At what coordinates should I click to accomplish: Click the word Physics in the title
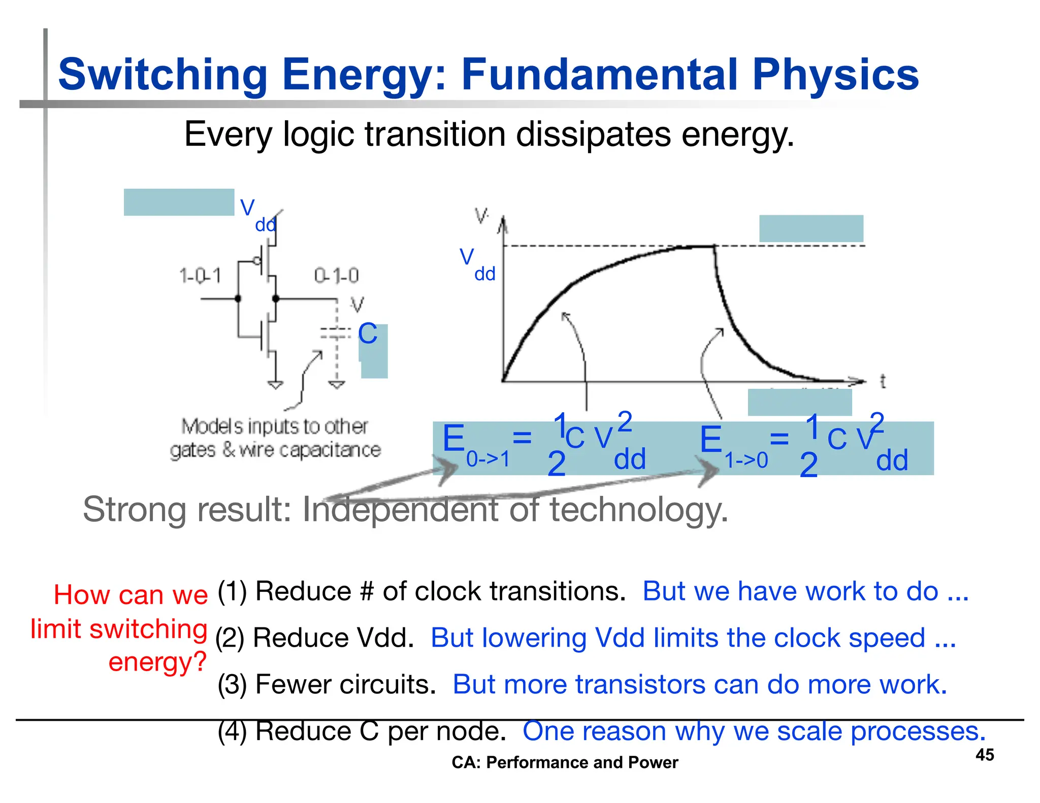835,75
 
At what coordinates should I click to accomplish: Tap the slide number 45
984,755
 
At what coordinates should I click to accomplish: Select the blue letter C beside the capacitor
368,334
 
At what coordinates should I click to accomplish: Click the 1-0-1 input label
200,276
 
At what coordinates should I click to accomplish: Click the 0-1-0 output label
336,276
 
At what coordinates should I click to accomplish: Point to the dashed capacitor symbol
336,333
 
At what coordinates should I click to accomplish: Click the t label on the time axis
883,381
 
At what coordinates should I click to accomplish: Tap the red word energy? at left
157,662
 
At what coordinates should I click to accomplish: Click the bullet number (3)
232,685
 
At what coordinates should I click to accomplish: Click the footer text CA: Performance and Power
565,762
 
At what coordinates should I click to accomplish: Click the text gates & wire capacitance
275,450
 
